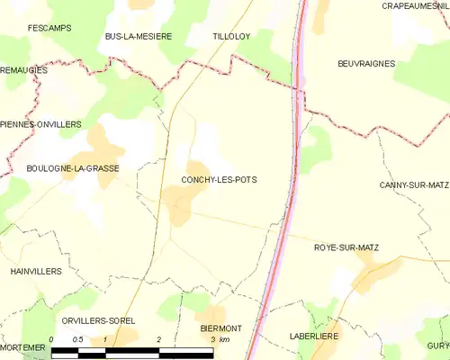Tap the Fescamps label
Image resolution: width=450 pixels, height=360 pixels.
coord(49,29)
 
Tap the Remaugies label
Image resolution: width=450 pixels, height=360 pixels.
coord(23,69)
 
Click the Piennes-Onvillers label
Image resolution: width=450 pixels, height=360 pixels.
coord(40,123)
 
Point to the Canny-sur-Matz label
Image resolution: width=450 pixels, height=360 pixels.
coord(414,184)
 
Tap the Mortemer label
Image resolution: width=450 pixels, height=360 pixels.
coord(22,347)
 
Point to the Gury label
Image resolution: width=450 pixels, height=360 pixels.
coord(438,346)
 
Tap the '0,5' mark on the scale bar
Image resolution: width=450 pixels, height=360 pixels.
coord(78,339)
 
